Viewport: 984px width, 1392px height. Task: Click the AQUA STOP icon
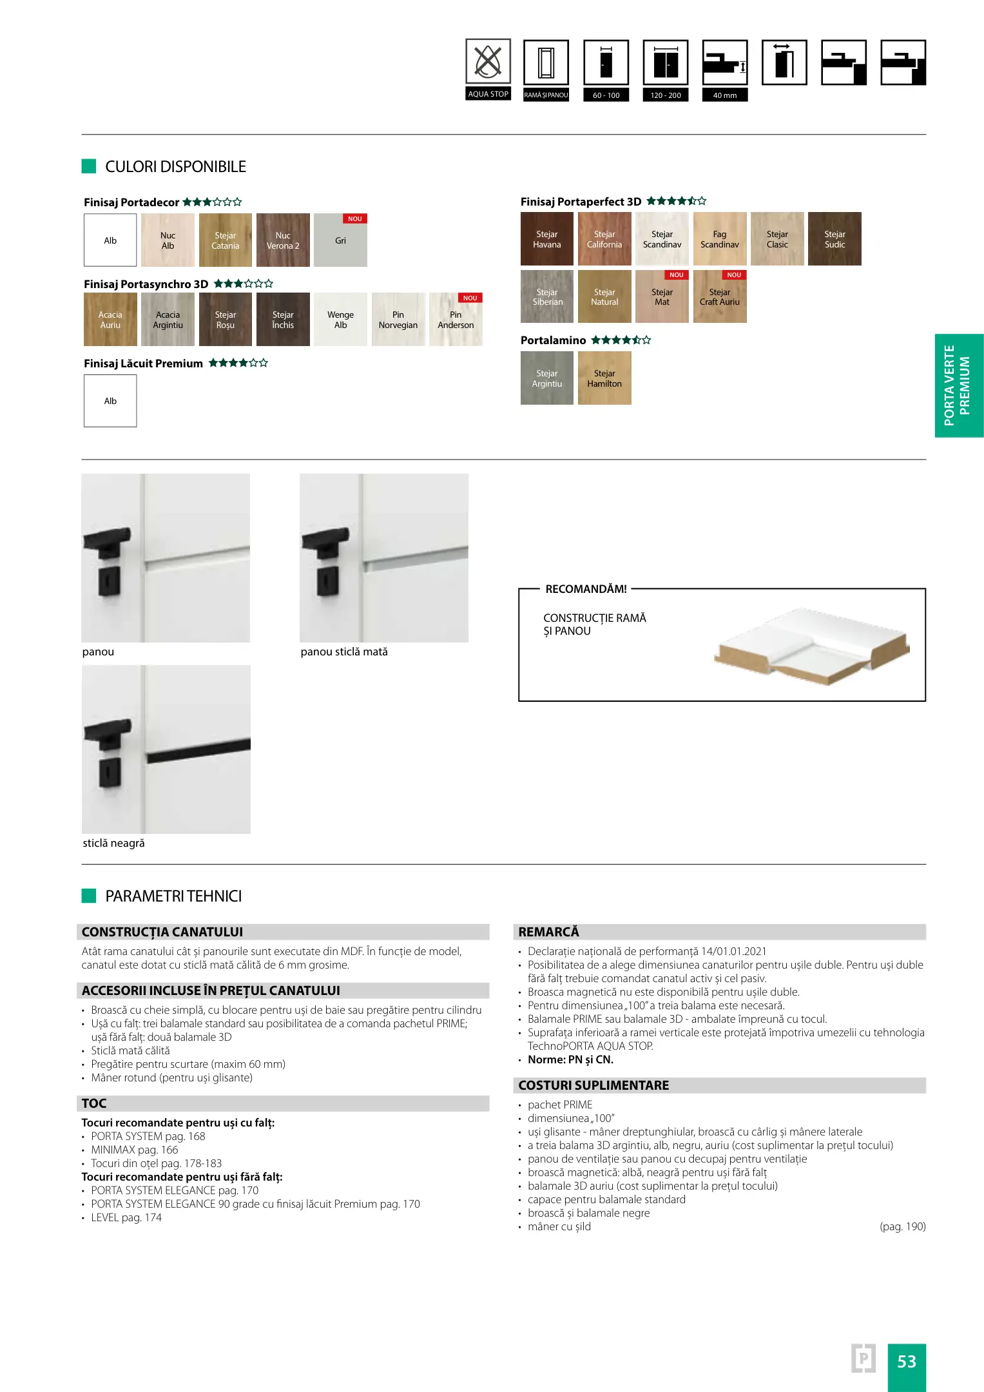click(x=488, y=63)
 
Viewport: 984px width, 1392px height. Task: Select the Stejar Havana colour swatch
click(x=546, y=239)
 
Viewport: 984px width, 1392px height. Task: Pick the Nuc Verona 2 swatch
click(x=283, y=240)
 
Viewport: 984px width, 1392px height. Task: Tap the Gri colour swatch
click(x=340, y=240)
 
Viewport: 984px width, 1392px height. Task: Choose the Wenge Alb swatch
click(x=340, y=320)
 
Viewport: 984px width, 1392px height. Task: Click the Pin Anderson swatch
click(x=456, y=320)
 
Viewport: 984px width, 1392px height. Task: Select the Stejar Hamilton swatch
click(x=604, y=378)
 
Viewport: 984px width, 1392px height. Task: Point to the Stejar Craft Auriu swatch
click(x=720, y=297)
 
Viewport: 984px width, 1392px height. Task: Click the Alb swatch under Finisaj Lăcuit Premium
click(x=110, y=401)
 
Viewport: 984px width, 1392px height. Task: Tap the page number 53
click(x=906, y=1361)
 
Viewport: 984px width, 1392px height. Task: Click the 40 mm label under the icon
click(x=725, y=95)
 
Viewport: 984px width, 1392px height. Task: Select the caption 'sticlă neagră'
click(x=113, y=843)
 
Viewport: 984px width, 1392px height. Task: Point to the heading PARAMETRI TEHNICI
click(x=173, y=896)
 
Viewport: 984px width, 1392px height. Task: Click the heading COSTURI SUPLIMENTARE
click(x=593, y=1085)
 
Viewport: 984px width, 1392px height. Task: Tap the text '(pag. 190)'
click(x=902, y=1226)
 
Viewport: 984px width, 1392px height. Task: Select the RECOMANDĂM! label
click(x=586, y=589)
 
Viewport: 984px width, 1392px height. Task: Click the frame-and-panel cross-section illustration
click(x=812, y=646)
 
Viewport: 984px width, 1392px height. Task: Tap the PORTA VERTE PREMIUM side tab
click(x=958, y=385)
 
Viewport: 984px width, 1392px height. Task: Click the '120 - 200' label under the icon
click(x=666, y=95)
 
